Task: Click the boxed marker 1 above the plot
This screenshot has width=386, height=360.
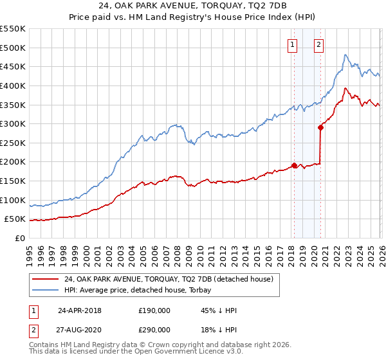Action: coord(293,44)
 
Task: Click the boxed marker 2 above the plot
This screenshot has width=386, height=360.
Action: coord(318,44)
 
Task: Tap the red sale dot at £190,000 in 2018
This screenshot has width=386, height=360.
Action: coord(294,165)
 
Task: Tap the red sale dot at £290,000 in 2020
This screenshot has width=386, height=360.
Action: coord(320,127)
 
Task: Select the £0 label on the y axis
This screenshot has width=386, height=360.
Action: coord(20,238)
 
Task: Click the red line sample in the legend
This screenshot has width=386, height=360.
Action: coord(46,279)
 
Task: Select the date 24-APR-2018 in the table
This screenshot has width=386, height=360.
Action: coord(80,310)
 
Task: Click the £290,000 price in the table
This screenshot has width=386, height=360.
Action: coord(154,328)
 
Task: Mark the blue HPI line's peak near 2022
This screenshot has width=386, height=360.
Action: coord(345,55)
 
